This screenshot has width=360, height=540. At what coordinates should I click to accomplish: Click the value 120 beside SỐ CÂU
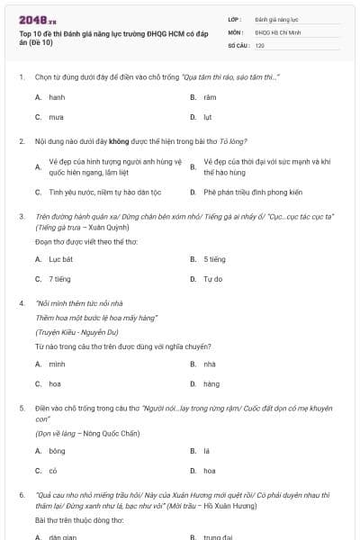click(260, 45)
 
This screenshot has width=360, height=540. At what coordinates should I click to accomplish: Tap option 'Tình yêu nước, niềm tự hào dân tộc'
click(98, 192)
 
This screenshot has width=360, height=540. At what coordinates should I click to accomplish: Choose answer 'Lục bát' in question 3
click(59, 259)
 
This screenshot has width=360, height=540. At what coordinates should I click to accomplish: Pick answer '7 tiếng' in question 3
click(59, 279)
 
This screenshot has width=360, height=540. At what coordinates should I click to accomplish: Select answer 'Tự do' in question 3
click(212, 279)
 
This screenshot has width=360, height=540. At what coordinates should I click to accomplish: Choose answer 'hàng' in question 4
click(211, 384)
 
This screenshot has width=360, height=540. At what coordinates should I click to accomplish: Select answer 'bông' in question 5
click(57, 450)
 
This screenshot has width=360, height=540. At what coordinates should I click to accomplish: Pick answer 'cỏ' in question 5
click(53, 471)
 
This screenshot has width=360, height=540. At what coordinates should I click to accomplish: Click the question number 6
click(21, 495)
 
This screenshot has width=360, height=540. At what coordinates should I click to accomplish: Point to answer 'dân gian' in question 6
click(61, 537)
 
